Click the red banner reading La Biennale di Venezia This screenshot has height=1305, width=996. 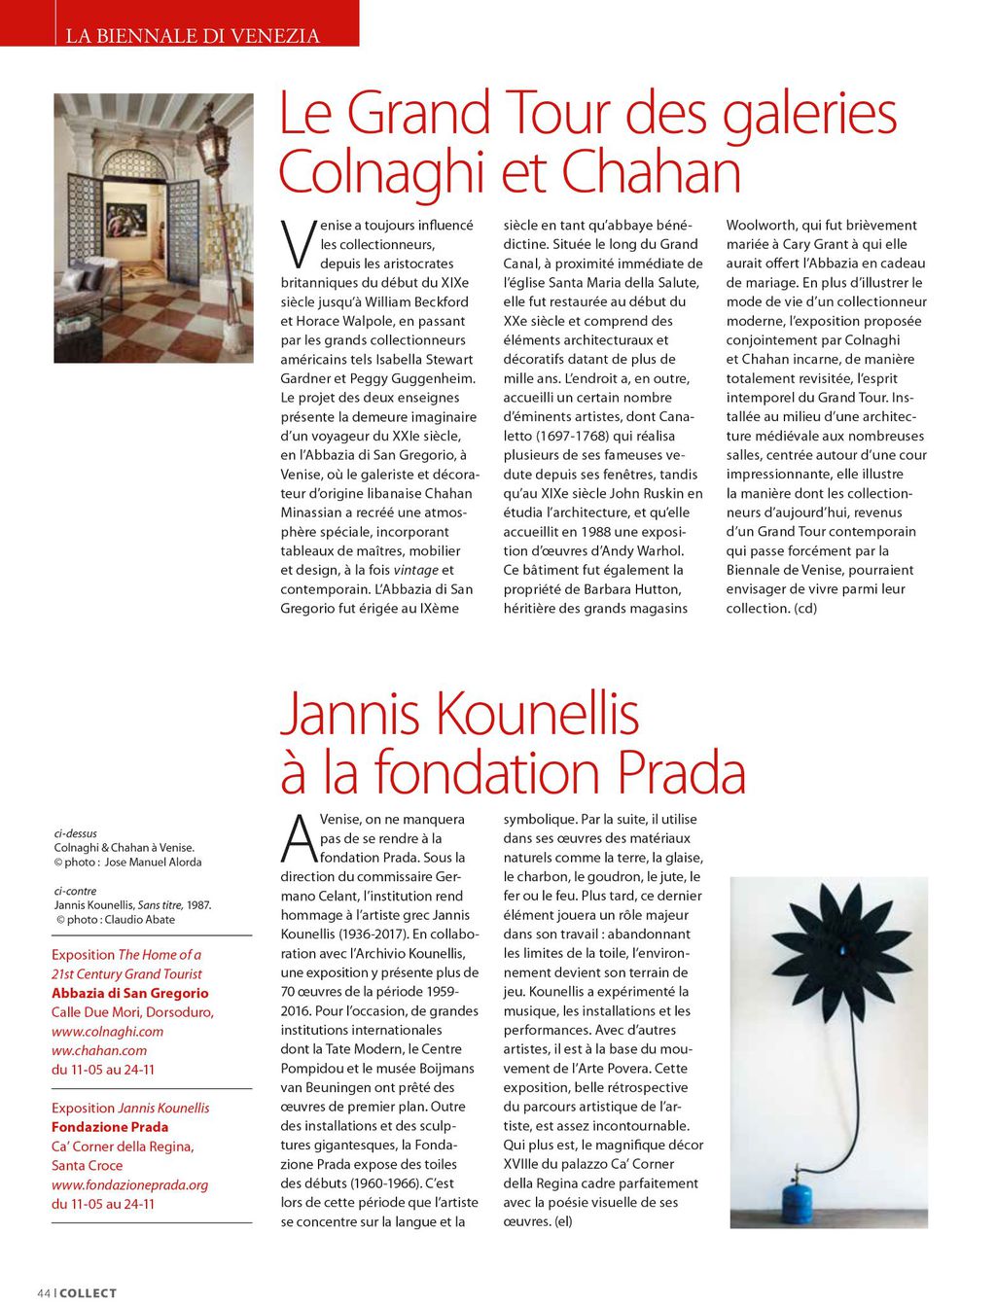pyautogui.click(x=192, y=35)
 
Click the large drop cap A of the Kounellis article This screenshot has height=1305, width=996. pyautogui.click(x=299, y=838)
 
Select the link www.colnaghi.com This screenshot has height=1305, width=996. pyautogui.click(x=107, y=1032)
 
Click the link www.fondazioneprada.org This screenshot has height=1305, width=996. pyautogui.click(x=129, y=1184)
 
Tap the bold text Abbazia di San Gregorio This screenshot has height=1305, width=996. pyautogui.click(x=129, y=993)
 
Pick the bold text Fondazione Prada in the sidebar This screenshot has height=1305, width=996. pyautogui.click(x=110, y=1127)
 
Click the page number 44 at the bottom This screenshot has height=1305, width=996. pyautogui.click(x=43, y=1292)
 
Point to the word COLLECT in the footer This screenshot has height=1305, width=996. pyautogui.click(x=89, y=1292)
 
